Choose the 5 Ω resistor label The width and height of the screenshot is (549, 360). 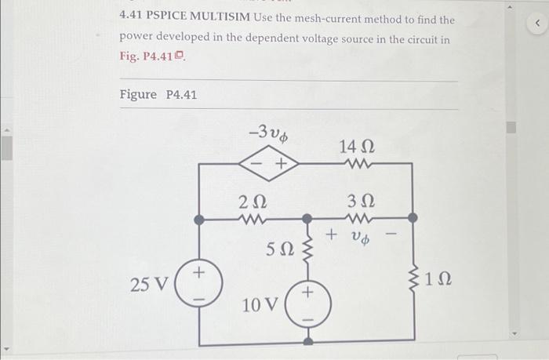(281, 251)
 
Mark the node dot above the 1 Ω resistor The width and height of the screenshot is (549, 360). (413, 217)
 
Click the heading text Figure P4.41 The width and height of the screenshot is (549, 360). (158, 95)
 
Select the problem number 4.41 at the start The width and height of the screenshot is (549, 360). (133, 17)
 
